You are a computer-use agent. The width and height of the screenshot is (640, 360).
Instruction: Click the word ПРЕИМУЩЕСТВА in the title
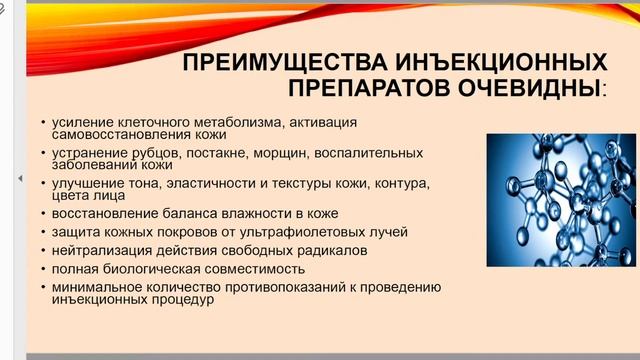point(268,63)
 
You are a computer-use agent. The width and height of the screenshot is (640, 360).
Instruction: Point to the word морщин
point(282,153)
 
